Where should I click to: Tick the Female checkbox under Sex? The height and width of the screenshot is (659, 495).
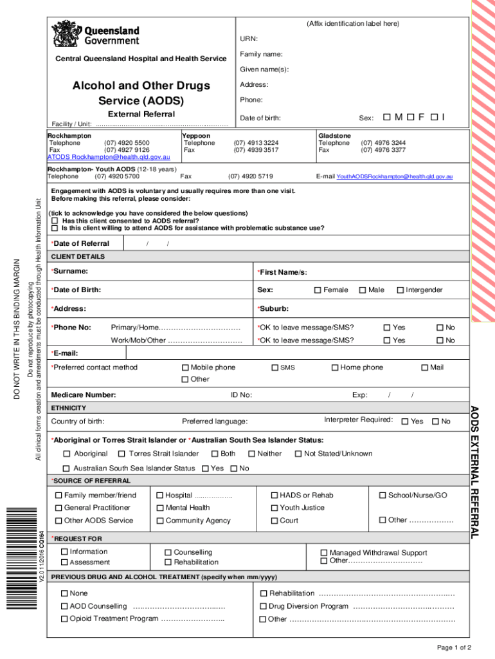coord(318,290)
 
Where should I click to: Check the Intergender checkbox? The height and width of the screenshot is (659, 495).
coord(400,290)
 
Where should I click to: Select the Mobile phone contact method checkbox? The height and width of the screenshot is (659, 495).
coord(185,367)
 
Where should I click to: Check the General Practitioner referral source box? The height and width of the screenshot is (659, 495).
coord(59,508)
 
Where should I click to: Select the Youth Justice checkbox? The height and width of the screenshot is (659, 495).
coord(274,508)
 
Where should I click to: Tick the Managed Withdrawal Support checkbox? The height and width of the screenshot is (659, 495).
coord(324,552)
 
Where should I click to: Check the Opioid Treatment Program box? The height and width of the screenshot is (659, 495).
coord(64,618)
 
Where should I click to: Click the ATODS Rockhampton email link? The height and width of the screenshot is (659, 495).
coord(109,157)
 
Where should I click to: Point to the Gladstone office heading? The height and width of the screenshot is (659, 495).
coord(334,136)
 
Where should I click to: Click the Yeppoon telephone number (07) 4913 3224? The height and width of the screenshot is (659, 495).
coord(256,143)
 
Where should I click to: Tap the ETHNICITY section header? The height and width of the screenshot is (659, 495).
coord(68,408)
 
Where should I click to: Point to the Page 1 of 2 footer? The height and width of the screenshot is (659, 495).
coord(455,647)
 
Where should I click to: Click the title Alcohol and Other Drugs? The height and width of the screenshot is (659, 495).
coord(141,86)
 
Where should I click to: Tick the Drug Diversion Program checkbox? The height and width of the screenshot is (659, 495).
coord(263,606)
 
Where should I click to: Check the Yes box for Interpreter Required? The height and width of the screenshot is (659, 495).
coord(405,422)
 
